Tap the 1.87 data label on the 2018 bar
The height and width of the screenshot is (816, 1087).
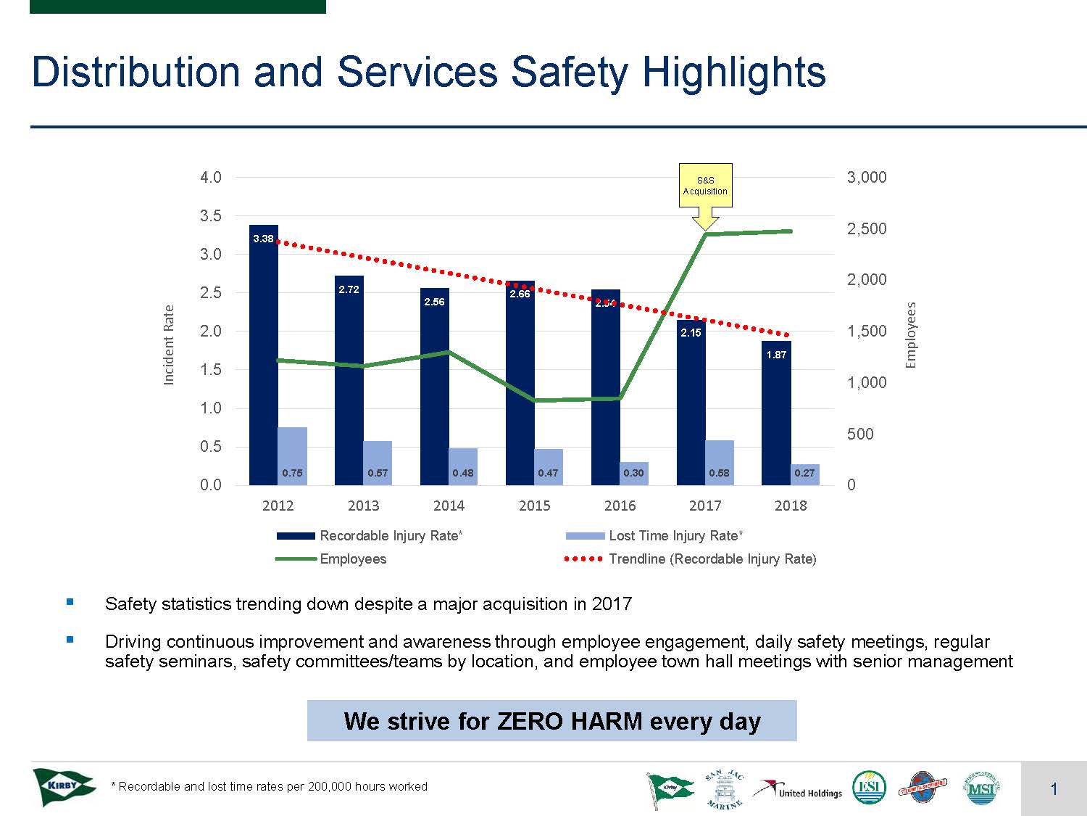[x=776, y=355]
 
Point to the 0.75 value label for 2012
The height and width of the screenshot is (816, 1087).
[x=292, y=473]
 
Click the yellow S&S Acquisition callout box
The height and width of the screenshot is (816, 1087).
[x=705, y=186]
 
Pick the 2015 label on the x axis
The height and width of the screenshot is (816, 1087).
[x=534, y=506]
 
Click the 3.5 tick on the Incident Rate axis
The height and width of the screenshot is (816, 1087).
[x=211, y=215]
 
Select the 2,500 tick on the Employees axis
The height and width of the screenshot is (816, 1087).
[x=867, y=228]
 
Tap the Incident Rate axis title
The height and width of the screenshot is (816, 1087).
[x=169, y=345]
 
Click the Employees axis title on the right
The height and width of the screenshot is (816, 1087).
[x=912, y=335]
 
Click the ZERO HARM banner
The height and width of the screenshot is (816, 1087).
[x=551, y=721]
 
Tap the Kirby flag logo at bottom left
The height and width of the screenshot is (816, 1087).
[x=63, y=787]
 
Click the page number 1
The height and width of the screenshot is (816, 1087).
[x=1054, y=789]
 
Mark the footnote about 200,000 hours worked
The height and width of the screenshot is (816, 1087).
[x=269, y=786]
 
